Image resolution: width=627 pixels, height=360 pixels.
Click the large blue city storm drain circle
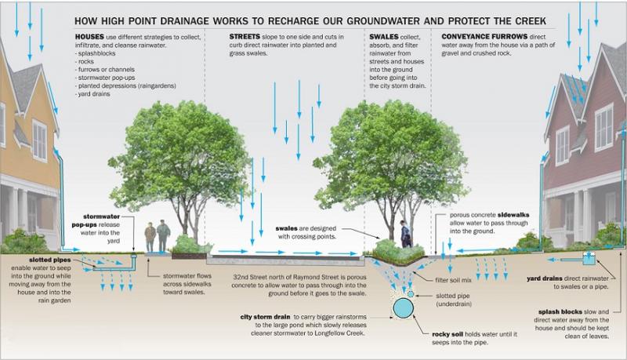coord(403,307)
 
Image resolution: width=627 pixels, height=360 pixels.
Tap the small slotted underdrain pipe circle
coord(411,294)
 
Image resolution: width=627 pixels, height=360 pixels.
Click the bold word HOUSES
coord(89,37)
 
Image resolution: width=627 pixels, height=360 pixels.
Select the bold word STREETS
coord(245,36)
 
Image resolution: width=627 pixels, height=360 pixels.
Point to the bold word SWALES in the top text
coord(384,36)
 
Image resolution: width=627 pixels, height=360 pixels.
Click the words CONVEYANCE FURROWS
coord(484,36)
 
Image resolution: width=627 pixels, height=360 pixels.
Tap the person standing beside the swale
coord(405,234)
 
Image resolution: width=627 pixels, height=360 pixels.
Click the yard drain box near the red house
coord(589,258)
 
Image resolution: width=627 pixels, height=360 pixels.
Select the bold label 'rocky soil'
coord(448,334)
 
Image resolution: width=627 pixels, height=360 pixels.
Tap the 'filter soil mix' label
coord(453,280)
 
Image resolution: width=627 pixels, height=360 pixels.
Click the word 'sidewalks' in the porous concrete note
coord(513,215)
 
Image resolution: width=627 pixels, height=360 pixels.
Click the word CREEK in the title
coord(531,21)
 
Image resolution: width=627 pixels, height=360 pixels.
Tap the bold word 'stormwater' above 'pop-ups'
coord(102,216)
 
